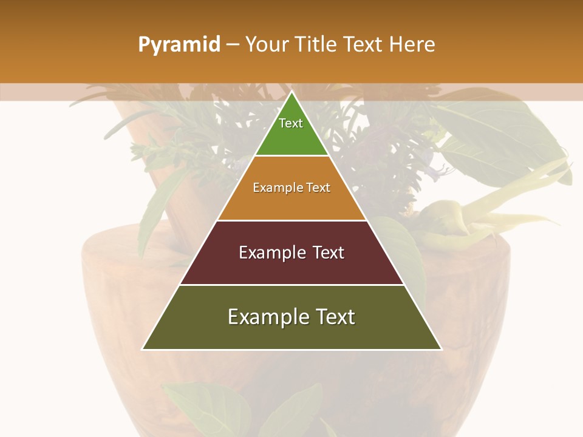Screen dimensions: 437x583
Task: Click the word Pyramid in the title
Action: pyautogui.click(x=179, y=45)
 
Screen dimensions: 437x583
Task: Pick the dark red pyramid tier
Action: pyautogui.click(x=291, y=267)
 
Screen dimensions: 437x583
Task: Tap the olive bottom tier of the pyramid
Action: pyautogui.click(x=291, y=334)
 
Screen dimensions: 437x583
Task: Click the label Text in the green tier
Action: pyautogui.click(x=291, y=123)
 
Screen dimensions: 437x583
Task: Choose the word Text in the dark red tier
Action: pyautogui.click(x=325, y=252)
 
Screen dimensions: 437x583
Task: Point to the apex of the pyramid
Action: pyautogui.click(x=291, y=93)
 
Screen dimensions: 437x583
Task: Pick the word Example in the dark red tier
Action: pyautogui.click(x=270, y=252)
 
